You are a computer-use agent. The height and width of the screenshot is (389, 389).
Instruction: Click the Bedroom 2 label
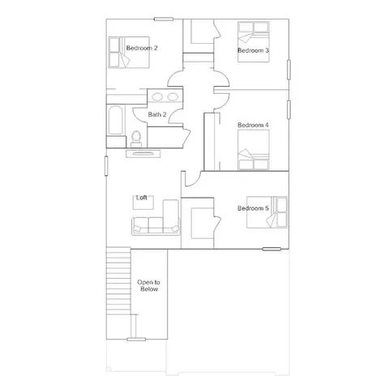pos(142,48)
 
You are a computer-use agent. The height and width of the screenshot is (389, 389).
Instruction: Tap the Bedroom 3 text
pos(253,50)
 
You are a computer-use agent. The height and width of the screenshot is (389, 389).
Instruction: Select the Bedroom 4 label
pos(253,125)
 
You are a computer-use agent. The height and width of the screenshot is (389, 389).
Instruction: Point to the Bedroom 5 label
pos(253,208)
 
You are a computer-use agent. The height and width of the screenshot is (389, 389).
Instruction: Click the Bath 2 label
pos(157,114)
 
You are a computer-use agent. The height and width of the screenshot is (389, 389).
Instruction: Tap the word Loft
pos(142,198)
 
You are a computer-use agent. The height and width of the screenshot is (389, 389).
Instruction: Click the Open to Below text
pos(149,285)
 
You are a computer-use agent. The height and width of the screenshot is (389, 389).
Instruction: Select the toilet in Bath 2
pos(136,139)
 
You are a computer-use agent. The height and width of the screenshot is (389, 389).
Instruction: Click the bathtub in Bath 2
pos(116,120)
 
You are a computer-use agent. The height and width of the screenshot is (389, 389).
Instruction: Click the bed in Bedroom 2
pos(129,53)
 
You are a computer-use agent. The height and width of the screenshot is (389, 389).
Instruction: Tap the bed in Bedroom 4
pos(254,150)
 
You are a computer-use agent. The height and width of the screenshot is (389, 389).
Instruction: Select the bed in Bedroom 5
pos(267,212)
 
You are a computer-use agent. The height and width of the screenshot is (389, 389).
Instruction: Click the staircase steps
pos(118,281)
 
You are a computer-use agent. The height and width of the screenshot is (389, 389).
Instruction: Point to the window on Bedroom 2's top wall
pos(164,19)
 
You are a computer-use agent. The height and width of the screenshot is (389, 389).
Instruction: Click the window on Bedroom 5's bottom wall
pos(271,249)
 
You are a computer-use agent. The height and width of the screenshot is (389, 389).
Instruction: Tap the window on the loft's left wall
pos(106,166)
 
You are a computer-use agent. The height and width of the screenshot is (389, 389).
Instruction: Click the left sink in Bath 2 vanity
pos(156,96)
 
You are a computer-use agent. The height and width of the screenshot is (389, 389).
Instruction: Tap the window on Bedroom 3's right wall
pos(289,70)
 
